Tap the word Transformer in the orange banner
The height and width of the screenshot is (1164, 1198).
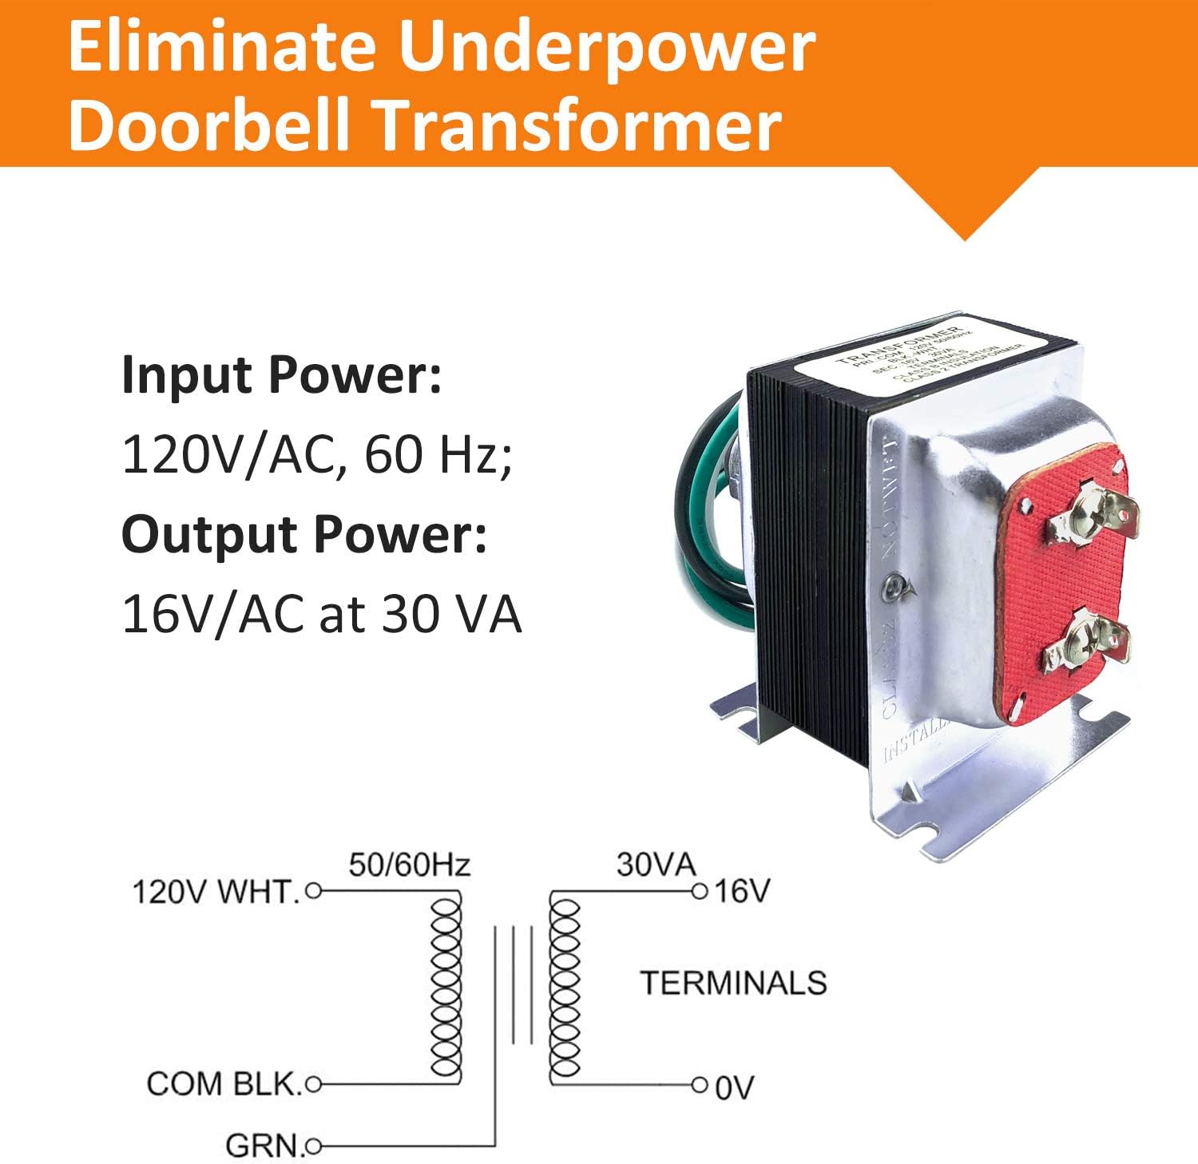click(579, 125)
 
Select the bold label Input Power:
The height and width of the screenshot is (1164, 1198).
click(281, 375)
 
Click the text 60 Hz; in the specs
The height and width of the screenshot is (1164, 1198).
click(438, 455)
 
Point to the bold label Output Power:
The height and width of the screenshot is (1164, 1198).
click(304, 534)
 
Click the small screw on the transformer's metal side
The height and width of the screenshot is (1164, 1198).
click(892, 589)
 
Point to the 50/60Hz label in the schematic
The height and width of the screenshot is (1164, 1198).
click(409, 865)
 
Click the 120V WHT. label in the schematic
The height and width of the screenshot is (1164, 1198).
click(216, 892)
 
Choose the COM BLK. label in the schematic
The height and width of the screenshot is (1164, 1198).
click(224, 1084)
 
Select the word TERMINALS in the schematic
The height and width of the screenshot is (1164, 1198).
click(733, 983)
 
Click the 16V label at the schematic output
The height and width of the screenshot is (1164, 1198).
click(742, 891)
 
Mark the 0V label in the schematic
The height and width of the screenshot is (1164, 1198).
click(734, 1087)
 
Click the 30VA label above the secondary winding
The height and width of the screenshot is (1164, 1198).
click(656, 865)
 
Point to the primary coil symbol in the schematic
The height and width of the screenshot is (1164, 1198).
click(446, 988)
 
